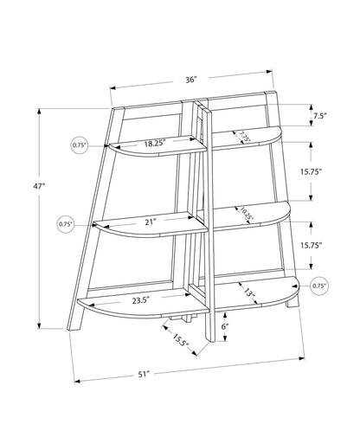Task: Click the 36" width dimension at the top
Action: [x=190, y=80]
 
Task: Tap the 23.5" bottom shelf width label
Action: [x=143, y=301]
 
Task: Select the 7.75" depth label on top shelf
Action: [x=245, y=137]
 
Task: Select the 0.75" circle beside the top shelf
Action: [x=80, y=145]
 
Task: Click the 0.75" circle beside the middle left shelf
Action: [x=66, y=224]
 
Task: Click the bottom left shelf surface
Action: [x=143, y=307]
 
